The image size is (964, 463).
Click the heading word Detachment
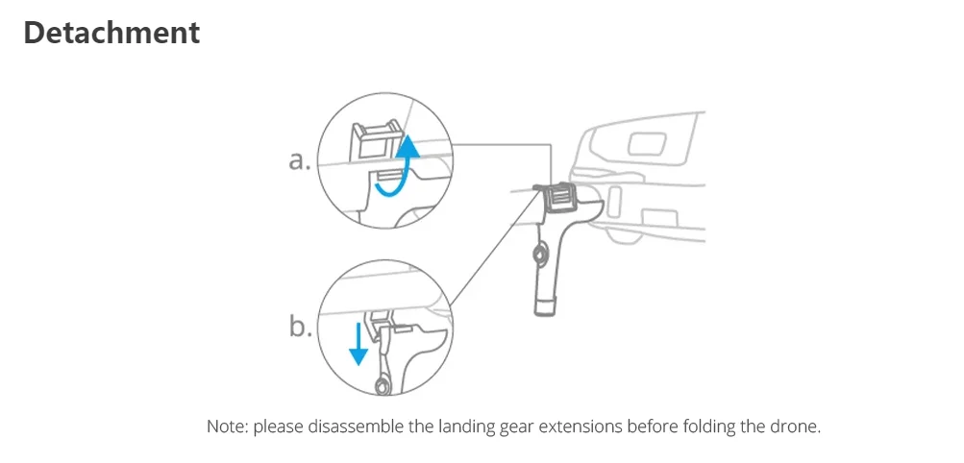111,33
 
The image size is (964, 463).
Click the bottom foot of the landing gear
547,306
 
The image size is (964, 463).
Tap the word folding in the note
697,426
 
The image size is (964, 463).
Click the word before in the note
643,426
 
